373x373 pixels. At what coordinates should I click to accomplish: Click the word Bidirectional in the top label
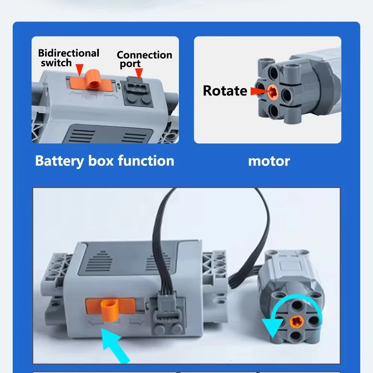pos(69,53)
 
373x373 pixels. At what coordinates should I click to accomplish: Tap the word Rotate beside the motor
pos(225,91)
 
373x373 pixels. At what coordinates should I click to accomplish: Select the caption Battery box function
pos(104,161)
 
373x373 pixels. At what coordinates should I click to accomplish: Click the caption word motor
pos(269,161)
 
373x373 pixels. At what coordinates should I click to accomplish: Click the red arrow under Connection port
pos(139,75)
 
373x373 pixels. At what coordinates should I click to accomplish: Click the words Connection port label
pos(144,59)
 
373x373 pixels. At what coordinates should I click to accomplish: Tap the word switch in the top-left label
pos(56,63)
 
